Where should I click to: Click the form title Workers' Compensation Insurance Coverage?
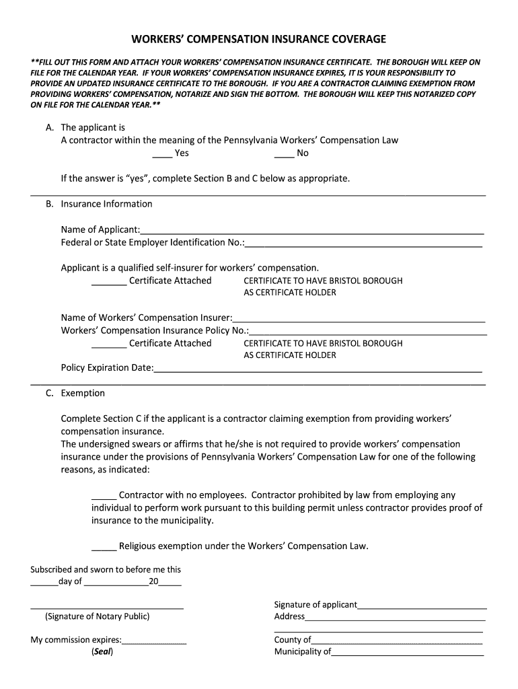(x=258, y=40)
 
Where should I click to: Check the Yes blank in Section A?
(x=162, y=153)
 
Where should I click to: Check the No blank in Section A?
(x=284, y=153)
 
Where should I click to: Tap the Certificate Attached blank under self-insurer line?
(x=108, y=281)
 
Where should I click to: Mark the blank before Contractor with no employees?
(x=104, y=496)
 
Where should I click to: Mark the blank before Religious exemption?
(x=104, y=546)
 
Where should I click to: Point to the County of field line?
(x=397, y=641)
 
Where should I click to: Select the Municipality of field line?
(x=407, y=652)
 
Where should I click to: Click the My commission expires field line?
(x=154, y=641)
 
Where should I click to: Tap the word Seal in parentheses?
(x=102, y=652)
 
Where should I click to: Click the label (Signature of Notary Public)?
(x=98, y=616)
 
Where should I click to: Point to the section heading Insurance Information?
(x=106, y=204)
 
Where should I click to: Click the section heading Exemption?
(x=83, y=393)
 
